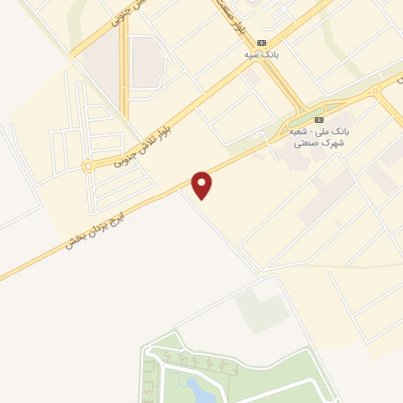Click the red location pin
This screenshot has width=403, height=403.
pos(202,184)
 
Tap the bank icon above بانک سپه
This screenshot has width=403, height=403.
pos(262,43)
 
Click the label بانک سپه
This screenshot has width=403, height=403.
pos(262,56)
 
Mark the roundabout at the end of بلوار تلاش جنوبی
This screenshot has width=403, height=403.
pos(87,166)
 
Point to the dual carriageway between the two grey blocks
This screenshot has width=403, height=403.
pos(124,67)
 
